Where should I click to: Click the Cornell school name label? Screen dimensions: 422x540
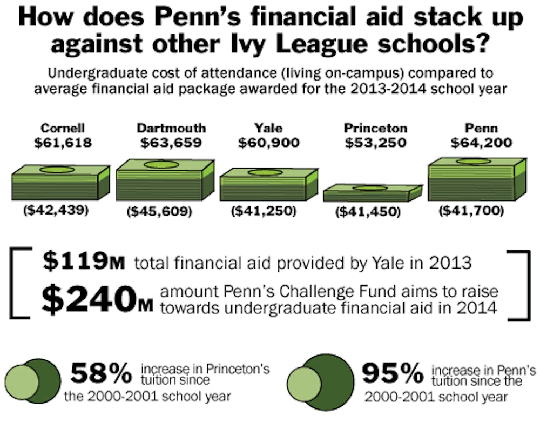click(x=63, y=129)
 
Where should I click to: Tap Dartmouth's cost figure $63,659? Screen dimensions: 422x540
click(x=171, y=144)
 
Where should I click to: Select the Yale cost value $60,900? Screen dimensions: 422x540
click(x=268, y=144)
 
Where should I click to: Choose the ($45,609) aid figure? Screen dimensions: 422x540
click(x=159, y=212)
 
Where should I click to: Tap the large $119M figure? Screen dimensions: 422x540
click(x=84, y=263)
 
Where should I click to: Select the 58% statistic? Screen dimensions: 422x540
click(x=102, y=373)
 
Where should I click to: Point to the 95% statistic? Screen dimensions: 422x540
click(x=392, y=372)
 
